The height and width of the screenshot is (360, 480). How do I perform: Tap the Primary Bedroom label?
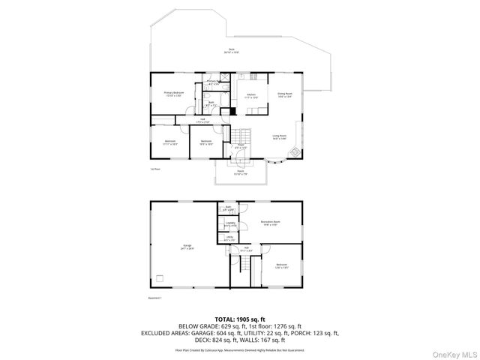[174, 94]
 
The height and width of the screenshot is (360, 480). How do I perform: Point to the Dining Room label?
[285, 95]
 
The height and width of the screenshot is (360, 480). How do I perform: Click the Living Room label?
[280, 136]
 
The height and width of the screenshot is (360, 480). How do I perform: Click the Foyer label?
[240, 146]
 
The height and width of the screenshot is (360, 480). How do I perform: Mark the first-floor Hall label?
[203, 120]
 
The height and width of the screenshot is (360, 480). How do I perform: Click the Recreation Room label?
[270, 223]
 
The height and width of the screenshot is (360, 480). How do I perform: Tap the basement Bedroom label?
[281, 265]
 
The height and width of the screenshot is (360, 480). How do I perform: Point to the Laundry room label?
[230, 224]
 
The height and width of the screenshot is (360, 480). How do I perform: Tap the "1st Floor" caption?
[155, 169]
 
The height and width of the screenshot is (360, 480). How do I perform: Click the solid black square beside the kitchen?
[233, 112]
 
